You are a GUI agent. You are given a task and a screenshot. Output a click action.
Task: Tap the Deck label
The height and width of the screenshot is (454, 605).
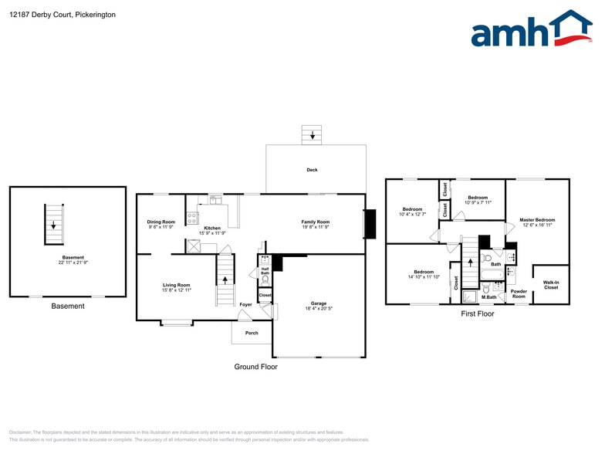pos(312,170)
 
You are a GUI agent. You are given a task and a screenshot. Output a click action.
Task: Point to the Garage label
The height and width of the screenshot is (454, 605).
pos(319,303)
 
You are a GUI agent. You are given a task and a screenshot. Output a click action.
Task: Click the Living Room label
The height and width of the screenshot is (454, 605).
pos(176,286)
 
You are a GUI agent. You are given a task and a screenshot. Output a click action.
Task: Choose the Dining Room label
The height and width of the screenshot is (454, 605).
pos(161,222)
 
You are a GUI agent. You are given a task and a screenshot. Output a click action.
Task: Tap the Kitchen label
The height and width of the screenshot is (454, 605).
pos(212,228)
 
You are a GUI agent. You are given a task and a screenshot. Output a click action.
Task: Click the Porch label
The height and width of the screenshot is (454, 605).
pos(252,333)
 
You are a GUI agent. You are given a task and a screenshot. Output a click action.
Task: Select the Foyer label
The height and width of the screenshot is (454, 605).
pos(245,304)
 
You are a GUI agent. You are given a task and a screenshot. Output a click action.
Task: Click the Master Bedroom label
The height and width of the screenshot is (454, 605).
pos(537,220)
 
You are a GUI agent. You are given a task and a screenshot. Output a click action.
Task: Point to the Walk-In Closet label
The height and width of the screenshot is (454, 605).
pos(551,285)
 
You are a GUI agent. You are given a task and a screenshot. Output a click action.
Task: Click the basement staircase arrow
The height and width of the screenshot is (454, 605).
pos(52,225)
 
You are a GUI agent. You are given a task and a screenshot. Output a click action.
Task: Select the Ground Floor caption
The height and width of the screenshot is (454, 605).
pos(255,367)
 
